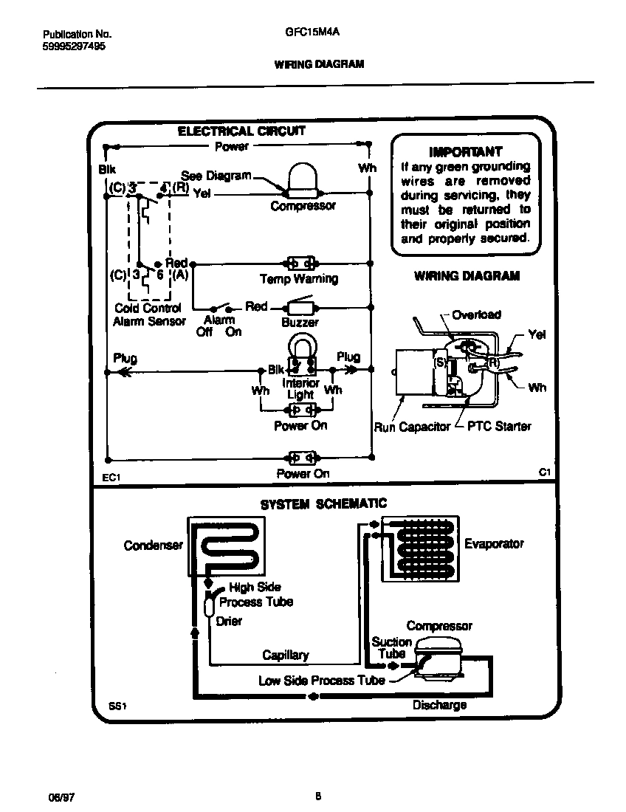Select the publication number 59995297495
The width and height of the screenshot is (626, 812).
(x=74, y=46)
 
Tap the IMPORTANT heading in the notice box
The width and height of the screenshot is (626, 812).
(x=465, y=152)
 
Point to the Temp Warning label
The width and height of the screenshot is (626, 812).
(x=298, y=279)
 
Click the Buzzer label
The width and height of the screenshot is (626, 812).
(x=300, y=323)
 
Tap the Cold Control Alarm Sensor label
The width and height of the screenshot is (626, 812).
(x=148, y=315)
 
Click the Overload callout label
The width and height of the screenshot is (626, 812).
(x=476, y=314)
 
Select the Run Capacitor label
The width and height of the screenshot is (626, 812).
(x=412, y=427)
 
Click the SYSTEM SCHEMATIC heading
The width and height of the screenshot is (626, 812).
(x=323, y=504)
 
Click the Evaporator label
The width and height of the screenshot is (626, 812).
(x=494, y=543)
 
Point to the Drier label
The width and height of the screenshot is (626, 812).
(x=229, y=621)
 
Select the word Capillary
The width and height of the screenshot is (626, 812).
(x=286, y=655)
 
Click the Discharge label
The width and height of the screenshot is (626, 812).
(x=439, y=705)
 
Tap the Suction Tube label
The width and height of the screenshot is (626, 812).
(x=391, y=647)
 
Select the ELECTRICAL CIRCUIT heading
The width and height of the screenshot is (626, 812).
(x=241, y=131)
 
